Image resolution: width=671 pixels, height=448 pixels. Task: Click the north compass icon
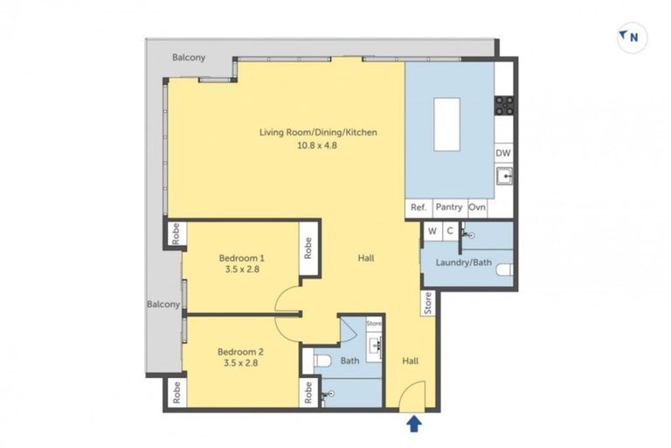tap(631, 37)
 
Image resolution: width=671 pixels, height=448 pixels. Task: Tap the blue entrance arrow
tap(413, 424)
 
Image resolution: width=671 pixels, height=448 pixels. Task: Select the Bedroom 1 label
tap(242, 258)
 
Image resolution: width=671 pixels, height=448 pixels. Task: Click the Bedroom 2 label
tap(241, 352)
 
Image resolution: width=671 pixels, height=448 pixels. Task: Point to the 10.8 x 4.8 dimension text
tap(318, 147)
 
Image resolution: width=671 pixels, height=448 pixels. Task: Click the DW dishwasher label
tap(503, 153)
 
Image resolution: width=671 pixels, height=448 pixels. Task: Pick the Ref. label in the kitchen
tap(419, 207)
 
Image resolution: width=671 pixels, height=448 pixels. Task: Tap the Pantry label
tap(448, 207)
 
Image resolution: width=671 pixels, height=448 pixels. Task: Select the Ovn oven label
tap(477, 207)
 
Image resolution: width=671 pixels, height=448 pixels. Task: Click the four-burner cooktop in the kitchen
tap(504, 106)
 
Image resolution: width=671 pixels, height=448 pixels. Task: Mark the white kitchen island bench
tap(446, 125)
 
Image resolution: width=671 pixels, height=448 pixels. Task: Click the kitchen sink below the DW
tap(504, 178)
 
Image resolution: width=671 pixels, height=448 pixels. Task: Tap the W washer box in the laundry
tap(431, 231)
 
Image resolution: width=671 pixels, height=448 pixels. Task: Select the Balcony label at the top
tap(189, 58)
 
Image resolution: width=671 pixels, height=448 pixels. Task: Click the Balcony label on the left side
tap(163, 304)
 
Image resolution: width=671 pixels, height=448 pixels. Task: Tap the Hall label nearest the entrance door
tap(411, 360)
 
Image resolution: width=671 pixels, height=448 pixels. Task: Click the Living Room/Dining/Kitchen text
tap(318, 133)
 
